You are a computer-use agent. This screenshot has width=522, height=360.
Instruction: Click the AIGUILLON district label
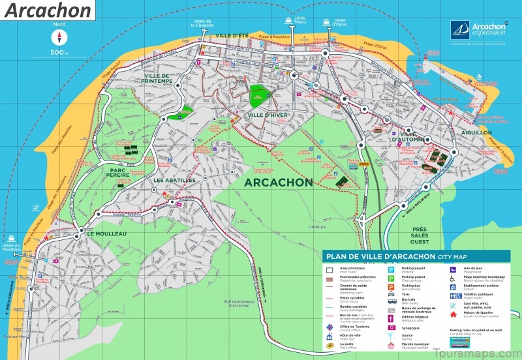(x=476, y=132)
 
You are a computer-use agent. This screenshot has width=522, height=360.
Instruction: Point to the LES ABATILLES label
(x=174, y=180)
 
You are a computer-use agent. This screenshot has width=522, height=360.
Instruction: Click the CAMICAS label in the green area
(x=318, y=227)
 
